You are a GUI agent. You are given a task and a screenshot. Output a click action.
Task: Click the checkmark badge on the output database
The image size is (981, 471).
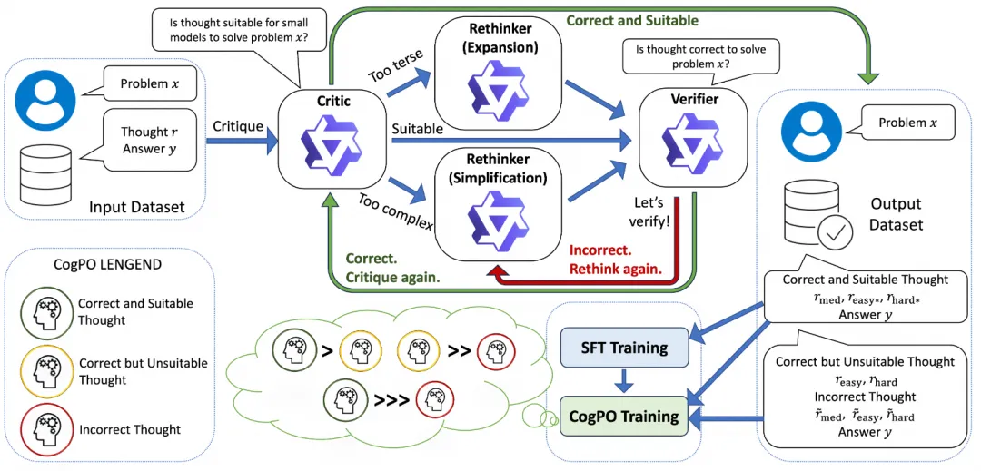pyautogui.click(x=835, y=232)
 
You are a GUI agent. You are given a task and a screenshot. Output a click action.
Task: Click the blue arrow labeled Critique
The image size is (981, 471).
pyautogui.click(x=243, y=140)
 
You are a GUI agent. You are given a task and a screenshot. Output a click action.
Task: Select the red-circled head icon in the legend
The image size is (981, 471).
pyautogui.click(x=42, y=430)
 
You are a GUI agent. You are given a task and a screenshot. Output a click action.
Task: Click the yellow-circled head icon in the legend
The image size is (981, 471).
pyautogui.click(x=42, y=371)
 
